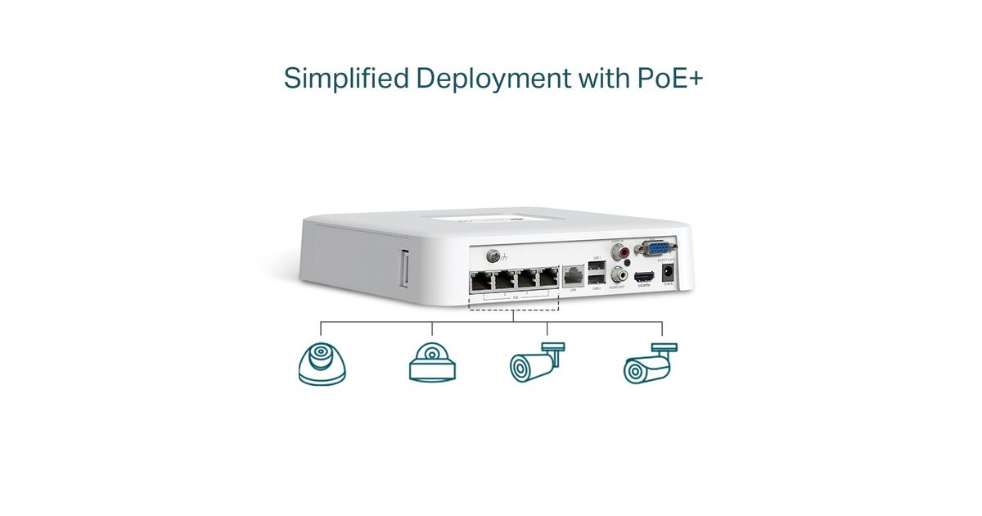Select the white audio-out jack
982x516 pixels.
tap(626, 277)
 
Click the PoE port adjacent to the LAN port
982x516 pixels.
tap(547, 278)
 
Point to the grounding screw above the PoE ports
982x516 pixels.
tap(495, 254)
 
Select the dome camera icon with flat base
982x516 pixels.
tap(431, 362)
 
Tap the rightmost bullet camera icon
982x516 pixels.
tap(650, 364)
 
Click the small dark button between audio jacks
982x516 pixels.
tap(626, 261)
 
